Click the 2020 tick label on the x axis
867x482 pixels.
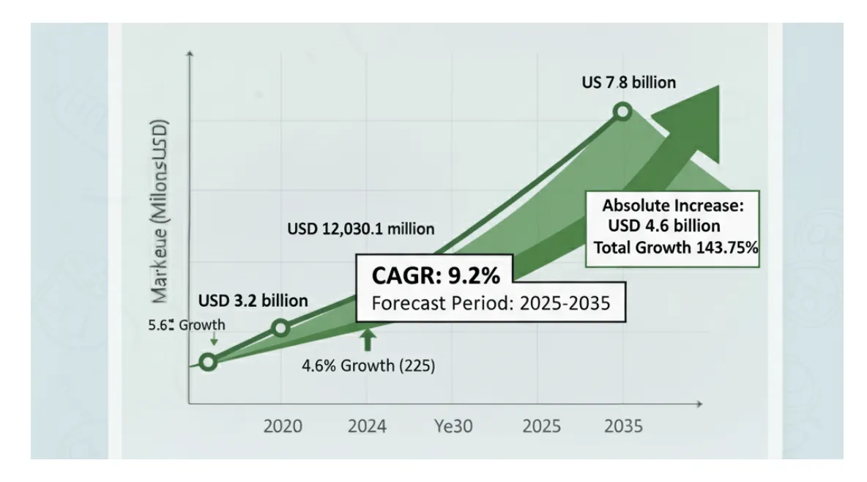click(283, 426)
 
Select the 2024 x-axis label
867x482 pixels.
click(368, 426)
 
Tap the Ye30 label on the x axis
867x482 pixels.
click(454, 426)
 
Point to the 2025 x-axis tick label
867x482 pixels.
click(540, 426)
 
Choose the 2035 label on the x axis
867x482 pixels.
click(623, 426)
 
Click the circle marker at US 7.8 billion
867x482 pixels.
click(622, 111)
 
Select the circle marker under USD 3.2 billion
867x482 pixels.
click(280, 327)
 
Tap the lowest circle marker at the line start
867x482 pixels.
click(208, 362)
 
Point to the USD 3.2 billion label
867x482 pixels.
click(253, 300)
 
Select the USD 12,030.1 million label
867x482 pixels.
click(360, 229)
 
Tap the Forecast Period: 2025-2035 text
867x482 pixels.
click(490, 303)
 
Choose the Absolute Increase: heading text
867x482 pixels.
click(673, 206)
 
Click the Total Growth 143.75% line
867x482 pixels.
click(675, 247)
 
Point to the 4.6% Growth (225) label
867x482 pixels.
click(368, 366)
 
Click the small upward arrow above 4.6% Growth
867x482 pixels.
click(368, 338)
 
